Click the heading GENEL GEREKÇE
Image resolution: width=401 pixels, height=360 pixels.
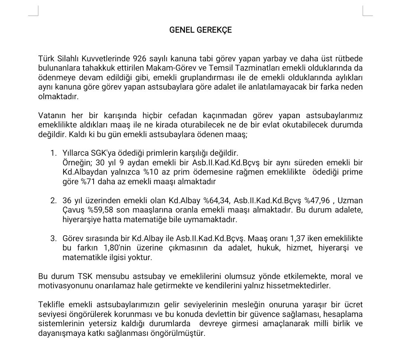200,30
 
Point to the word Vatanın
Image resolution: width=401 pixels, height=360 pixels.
52,115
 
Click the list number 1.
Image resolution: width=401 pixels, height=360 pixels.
53,153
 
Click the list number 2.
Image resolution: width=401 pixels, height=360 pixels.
53,201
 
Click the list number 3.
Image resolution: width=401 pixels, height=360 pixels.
53,239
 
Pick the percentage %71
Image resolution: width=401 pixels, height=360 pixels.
88,182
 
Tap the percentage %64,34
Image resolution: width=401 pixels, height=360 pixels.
216,201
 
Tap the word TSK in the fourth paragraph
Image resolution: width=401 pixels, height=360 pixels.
86,276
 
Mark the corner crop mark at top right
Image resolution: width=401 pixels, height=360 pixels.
367,12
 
